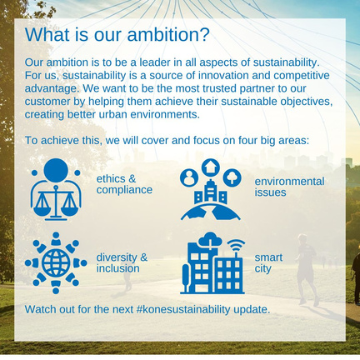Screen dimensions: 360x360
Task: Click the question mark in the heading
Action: click(x=204, y=34)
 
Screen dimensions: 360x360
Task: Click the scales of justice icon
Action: click(x=56, y=202)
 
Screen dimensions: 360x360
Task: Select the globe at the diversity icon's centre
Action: click(x=56, y=262)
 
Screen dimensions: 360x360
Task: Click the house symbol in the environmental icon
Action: click(x=211, y=167)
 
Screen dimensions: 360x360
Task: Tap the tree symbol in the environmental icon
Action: click(x=232, y=177)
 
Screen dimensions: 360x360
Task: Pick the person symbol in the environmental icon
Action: click(x=189, y=177)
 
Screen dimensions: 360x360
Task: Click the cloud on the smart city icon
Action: click(x=210, y=239)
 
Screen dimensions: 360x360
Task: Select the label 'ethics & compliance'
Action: click(x=124, y=184)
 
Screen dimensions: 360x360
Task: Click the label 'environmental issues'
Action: click(x=289, y=187)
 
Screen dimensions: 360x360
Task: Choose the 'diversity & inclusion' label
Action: click(x=122, y=262)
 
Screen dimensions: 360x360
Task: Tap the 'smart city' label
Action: click(x=268, y=263)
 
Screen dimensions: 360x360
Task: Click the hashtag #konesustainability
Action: click(x=183, y=309)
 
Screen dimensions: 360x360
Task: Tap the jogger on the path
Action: click(x=307, y=269)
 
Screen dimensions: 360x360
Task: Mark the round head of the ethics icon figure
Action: click(x=56, y=170)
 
